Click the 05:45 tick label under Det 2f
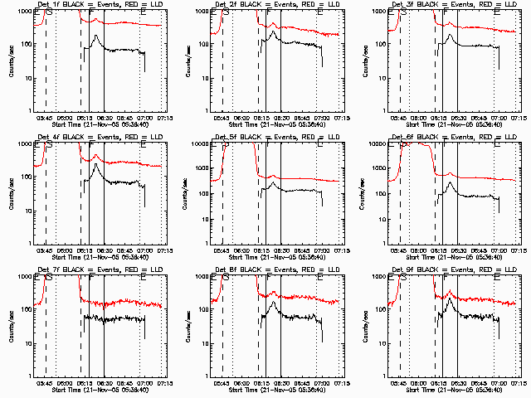point(222,119)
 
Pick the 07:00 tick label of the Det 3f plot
point(499,119)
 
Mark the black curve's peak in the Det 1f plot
point(97,36)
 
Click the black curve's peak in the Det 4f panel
point(97,164)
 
